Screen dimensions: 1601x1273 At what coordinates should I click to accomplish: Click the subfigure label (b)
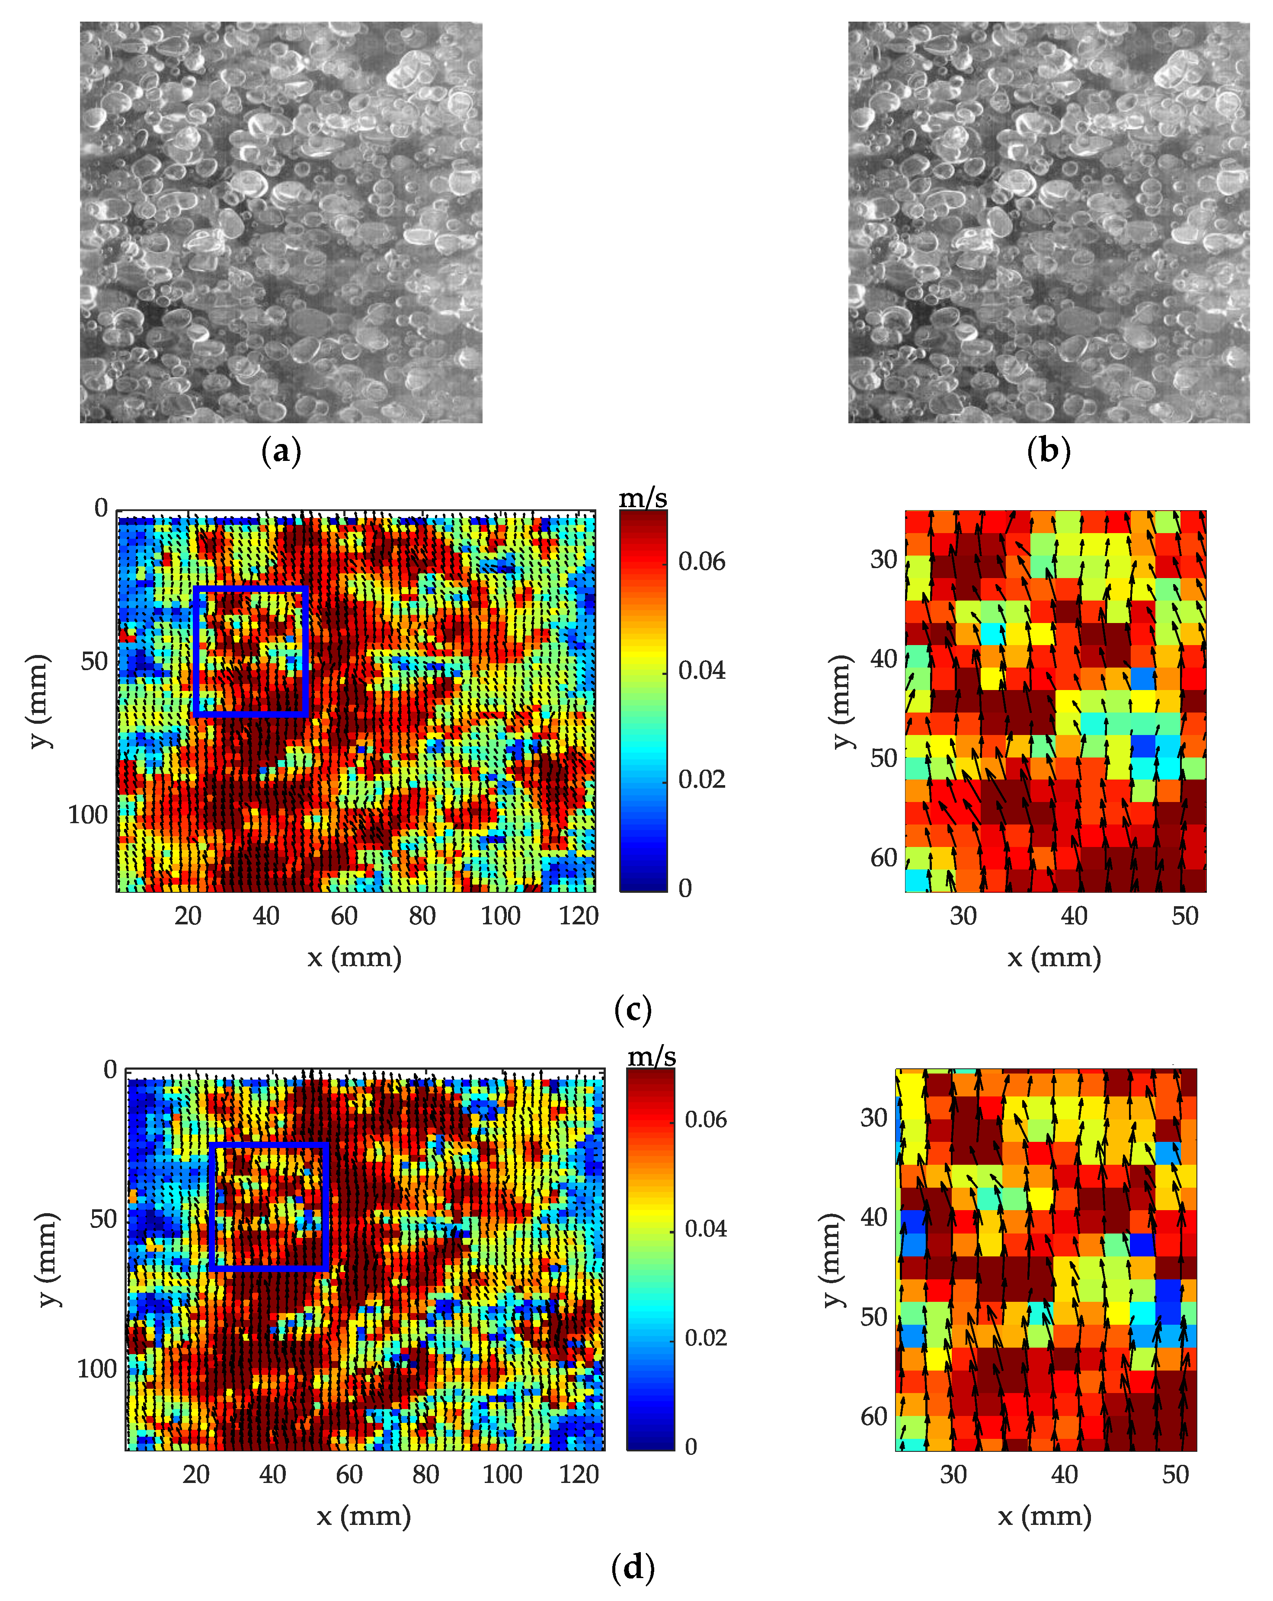pos(1048,451)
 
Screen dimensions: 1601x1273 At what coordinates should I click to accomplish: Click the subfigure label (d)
pos(633,1568)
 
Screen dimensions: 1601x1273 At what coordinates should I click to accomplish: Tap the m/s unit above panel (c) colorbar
pos(643,498)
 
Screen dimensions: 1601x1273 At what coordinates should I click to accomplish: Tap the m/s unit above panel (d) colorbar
pos(651,1056)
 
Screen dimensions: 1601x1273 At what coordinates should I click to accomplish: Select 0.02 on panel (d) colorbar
pos(706,1337)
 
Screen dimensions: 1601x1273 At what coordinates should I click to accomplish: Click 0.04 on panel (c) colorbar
pos(701,671)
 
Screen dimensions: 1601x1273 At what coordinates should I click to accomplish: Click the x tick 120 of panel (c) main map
pos(579,916)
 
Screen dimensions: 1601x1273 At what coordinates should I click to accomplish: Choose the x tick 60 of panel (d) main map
pos(349,1474)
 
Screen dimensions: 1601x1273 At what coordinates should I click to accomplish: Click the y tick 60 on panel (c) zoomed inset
pos(884,858)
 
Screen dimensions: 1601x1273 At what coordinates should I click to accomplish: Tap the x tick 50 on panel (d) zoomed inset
pos(1175,1474)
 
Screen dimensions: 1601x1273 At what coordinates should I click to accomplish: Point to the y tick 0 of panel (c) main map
pos(101,509)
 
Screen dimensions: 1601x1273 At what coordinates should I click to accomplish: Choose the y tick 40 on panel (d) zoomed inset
pos(874,1217)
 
